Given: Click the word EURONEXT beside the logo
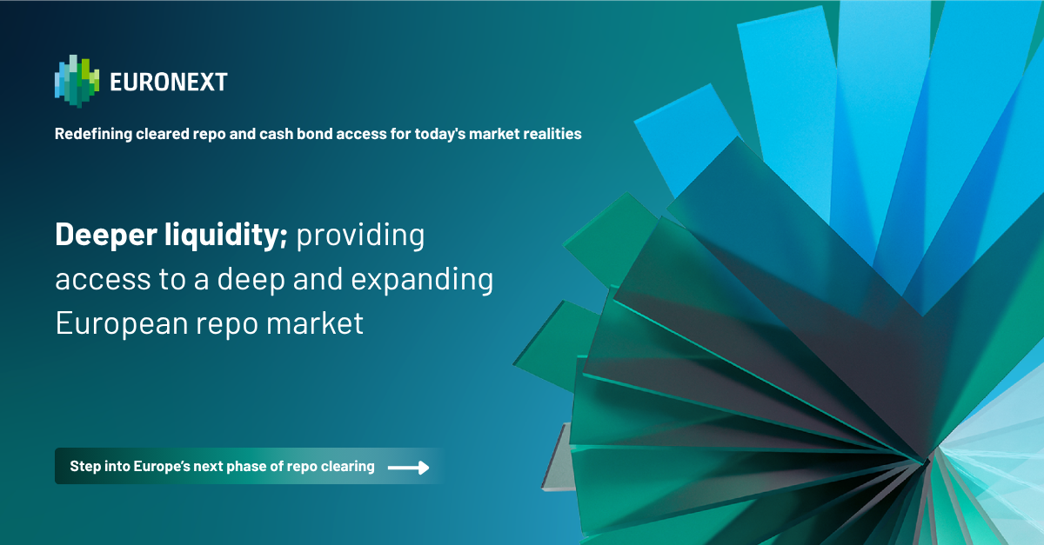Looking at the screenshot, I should click(x=169, y=83).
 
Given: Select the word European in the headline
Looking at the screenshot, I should click(x=117, y=324).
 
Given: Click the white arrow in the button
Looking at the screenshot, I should click(x=408, y=468).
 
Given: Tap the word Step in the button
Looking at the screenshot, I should click(x=84, y=467).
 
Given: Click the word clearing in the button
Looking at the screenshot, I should click(x=348, y=467).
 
